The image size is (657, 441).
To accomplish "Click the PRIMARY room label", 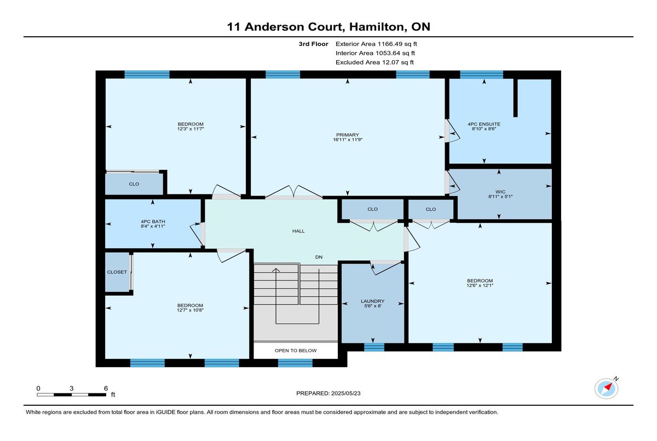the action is tap(348, 135).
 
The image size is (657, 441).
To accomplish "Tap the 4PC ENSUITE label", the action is tap(484, 124).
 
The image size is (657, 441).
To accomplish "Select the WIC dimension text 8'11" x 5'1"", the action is tap(500, 197).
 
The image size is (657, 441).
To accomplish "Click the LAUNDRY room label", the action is tap(372, 301).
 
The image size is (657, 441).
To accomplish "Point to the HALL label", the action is tap(298, 231).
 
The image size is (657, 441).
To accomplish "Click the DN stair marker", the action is tap(319, 257).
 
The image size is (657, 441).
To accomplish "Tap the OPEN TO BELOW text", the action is tap(296, 351).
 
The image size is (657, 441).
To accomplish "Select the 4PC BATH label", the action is tap(153, 221).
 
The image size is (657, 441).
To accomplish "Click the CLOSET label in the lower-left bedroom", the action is tap(117, 272).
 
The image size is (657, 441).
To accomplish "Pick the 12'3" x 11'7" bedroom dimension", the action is tap(191, 129).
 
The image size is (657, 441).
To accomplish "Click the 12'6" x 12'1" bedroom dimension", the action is tap(480, 285).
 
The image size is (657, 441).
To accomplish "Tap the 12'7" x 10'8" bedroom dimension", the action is tap(190, 310).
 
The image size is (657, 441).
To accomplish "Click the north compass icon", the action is tap(607, 388).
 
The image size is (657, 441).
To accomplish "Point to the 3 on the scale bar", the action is tap(71, 388).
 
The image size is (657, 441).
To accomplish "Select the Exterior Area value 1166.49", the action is tap(390, 44).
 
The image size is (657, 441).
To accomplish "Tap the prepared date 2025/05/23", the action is tap(346, 393).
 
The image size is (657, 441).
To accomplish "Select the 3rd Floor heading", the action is tap(313, 44).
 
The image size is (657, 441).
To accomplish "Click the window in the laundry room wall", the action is tap(374, 347).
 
